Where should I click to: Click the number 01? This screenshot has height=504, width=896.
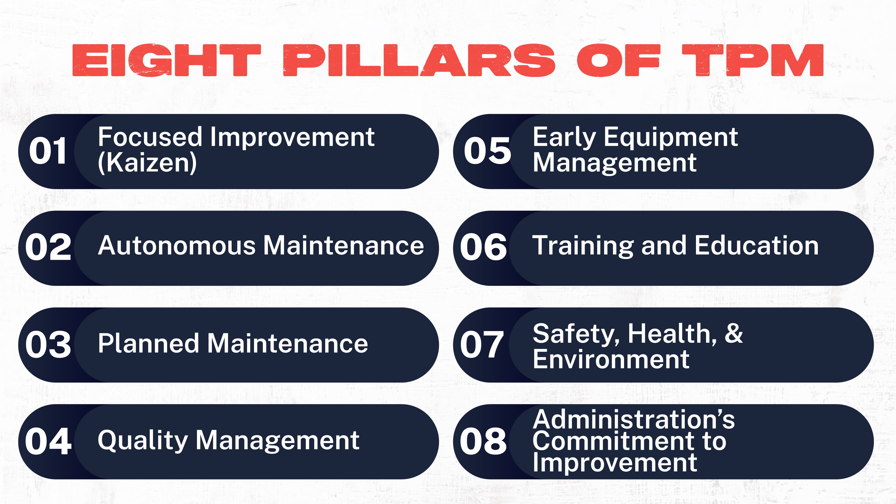tap(48, 150)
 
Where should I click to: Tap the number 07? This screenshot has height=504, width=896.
tap(482, 344)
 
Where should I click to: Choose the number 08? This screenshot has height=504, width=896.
tap(483, 441)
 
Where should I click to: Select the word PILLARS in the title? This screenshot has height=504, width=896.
tap(419, 60)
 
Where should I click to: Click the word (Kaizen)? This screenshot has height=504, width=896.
tap(147, 163)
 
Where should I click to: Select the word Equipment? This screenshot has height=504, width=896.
tap(671, 138)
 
